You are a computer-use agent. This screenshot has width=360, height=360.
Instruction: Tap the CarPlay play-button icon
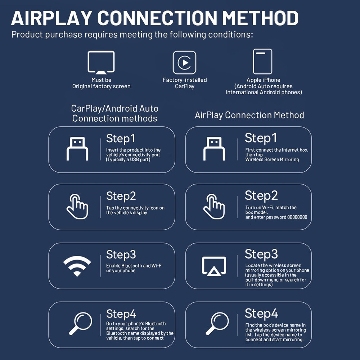click(x=184, y=63)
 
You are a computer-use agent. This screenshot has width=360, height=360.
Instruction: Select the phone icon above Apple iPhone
click(x=262, y=62)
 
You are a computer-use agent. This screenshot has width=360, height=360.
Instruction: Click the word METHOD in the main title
click(x=260, y=18)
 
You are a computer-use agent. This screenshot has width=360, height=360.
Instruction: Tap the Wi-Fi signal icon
click(x=77, y=266)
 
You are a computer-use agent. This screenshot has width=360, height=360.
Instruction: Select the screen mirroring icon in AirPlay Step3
click(x=214, y=266)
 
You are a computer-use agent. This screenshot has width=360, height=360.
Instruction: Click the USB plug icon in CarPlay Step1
click(x=77, y=149)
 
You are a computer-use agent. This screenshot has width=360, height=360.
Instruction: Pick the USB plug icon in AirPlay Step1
click(x=214, y=149)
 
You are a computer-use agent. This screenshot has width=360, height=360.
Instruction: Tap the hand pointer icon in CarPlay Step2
click(x=77, y=207)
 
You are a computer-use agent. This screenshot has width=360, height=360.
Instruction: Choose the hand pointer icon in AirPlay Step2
click(x=214, y=207)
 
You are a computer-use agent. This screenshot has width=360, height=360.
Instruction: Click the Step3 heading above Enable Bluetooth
click(x=121, y=255)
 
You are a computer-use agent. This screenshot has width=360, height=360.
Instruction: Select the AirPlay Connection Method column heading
click(x=249, y=115)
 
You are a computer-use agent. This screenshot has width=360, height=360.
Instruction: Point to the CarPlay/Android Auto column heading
click(x=114, y=113)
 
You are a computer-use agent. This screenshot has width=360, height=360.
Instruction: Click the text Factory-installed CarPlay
click(x=185, y=83)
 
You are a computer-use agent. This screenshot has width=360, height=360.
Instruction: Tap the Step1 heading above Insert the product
click(x=120, y=138)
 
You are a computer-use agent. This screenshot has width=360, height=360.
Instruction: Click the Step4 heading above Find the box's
click(x=261, y=313)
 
